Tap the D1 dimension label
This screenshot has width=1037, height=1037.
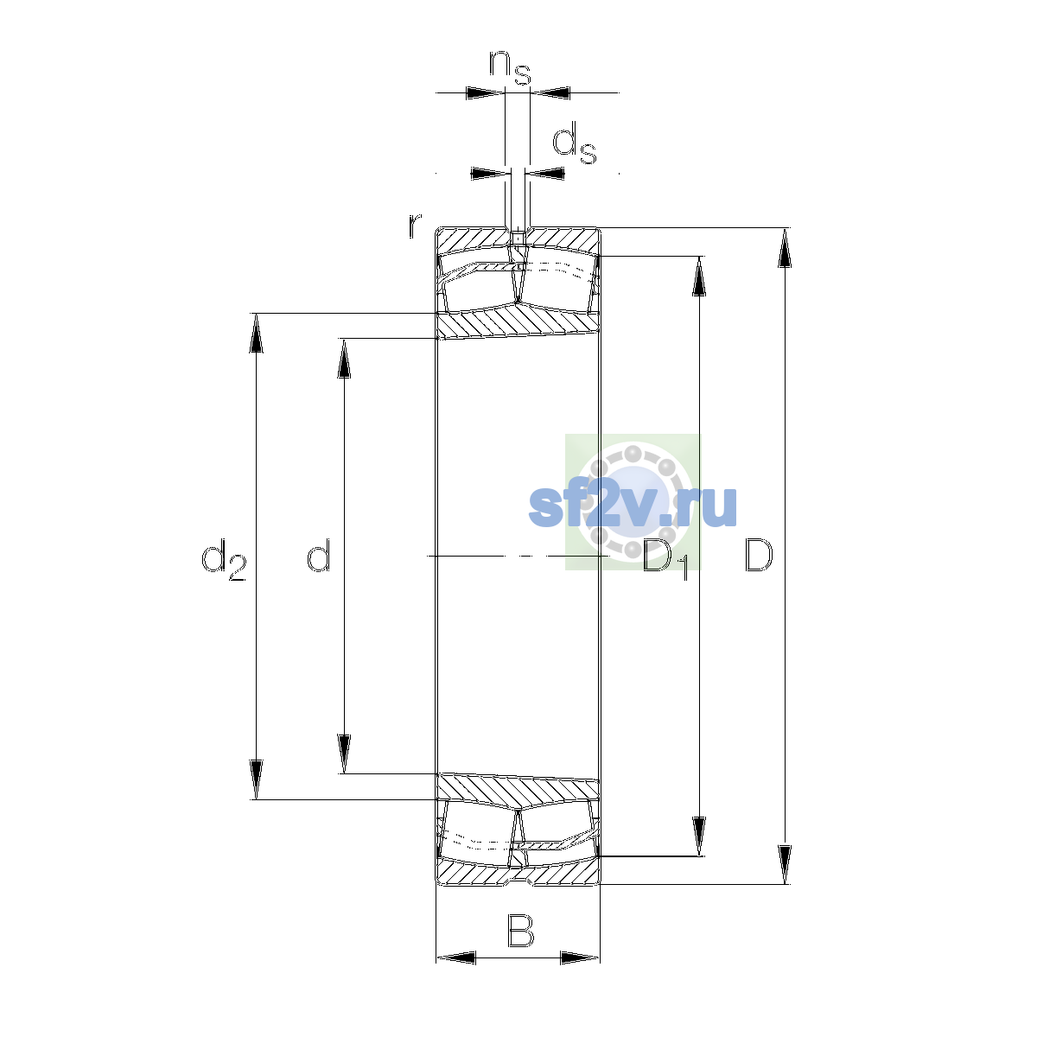665,560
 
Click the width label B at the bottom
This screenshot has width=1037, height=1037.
520,931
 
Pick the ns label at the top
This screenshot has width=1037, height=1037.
510,67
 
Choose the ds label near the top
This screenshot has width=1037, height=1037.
575,142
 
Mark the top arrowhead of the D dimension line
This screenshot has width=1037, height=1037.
785,247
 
